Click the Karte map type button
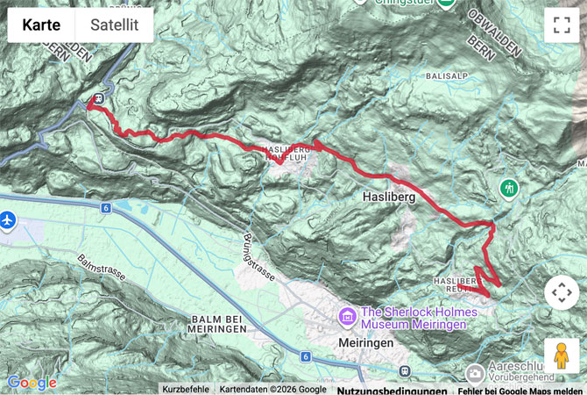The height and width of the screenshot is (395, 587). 41,25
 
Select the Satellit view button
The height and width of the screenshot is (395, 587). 114,25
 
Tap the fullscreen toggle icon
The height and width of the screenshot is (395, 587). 562,25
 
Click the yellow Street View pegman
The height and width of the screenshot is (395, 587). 562,355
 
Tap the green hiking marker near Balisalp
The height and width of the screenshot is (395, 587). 509,188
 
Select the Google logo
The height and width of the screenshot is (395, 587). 32,383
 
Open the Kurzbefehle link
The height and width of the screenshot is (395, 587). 185,389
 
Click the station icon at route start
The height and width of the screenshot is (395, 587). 99,98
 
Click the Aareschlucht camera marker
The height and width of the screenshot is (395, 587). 475,373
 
